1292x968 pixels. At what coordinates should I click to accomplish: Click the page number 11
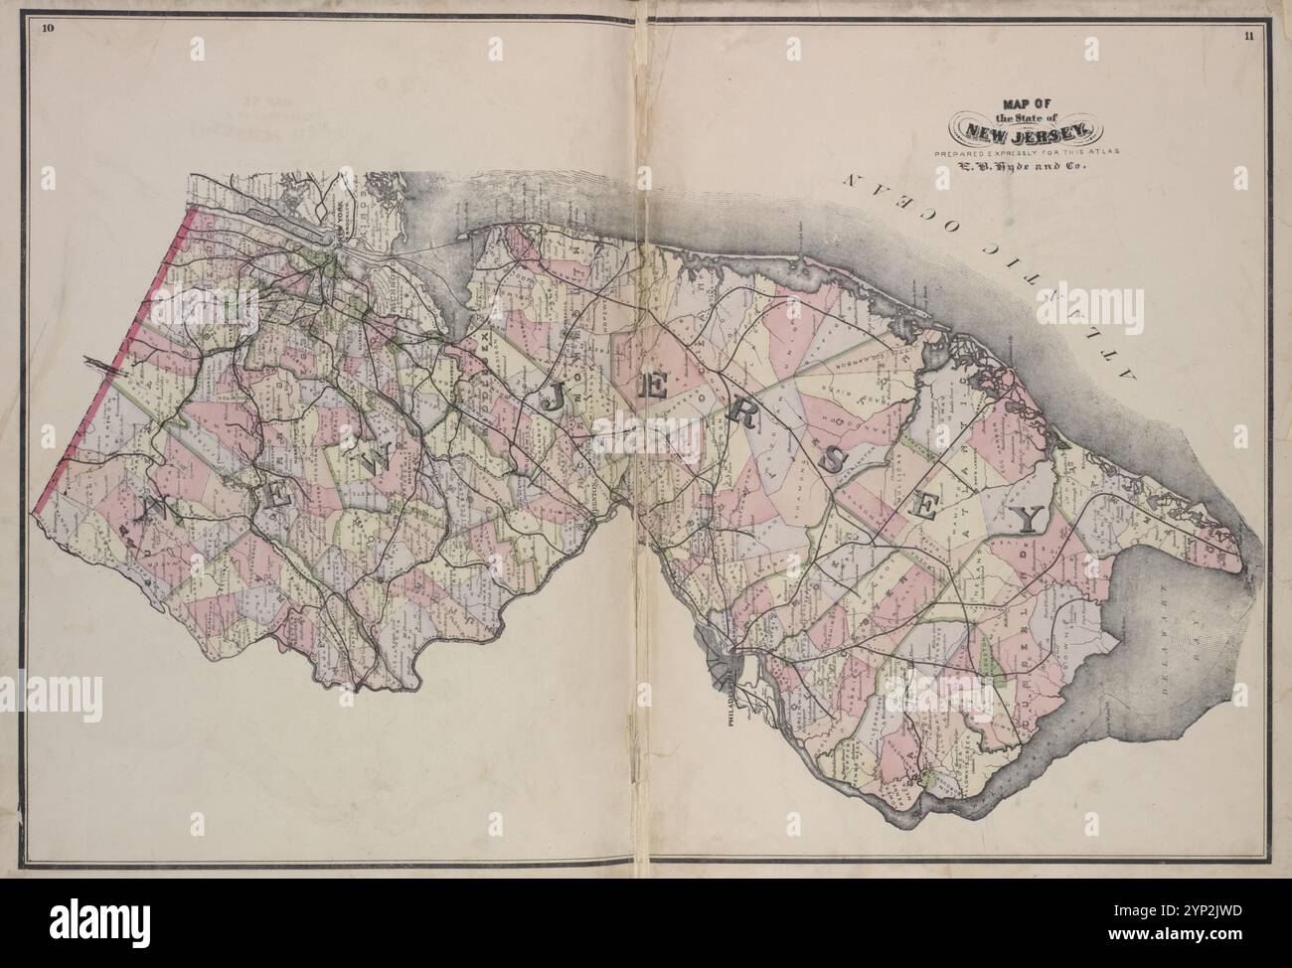1247,38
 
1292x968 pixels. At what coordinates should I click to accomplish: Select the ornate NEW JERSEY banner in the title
1024,129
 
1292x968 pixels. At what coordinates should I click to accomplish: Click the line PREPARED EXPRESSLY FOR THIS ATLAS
1024,153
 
